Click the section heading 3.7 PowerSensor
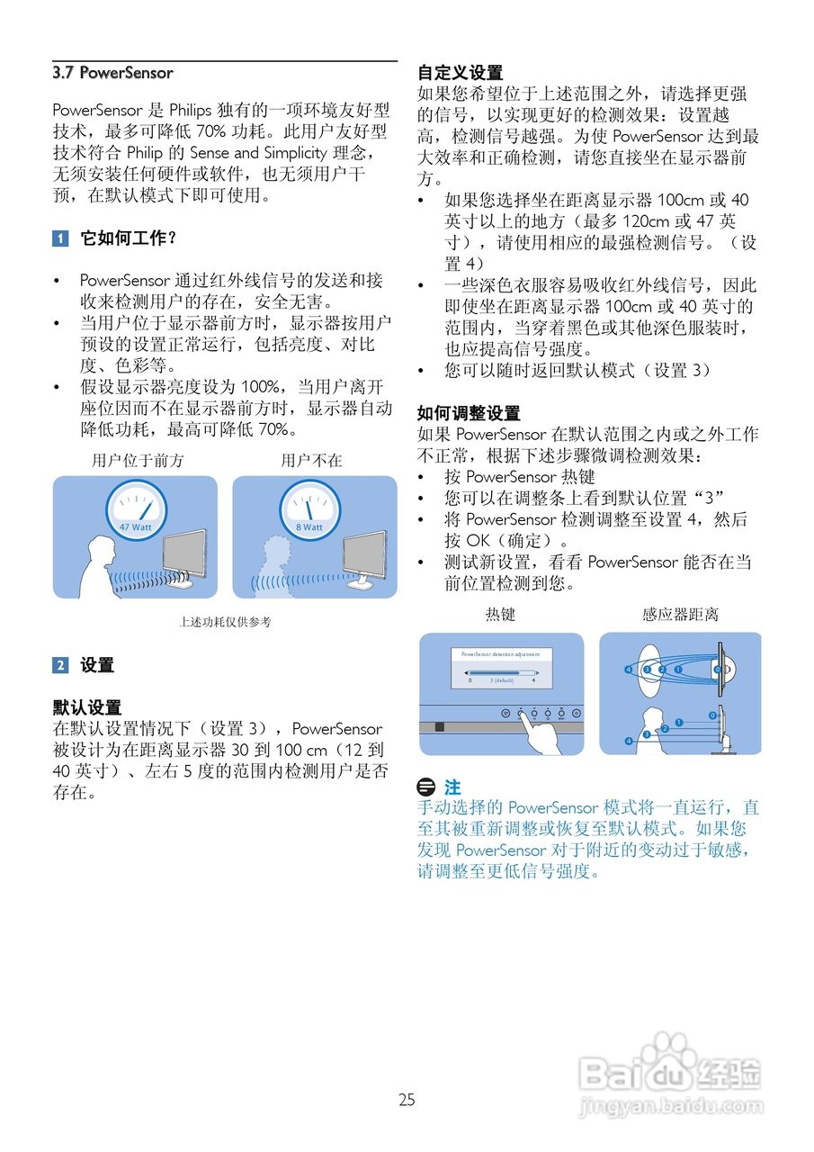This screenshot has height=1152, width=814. click(x=112, y=73)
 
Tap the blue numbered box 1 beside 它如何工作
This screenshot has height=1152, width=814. click(x=60, y=238)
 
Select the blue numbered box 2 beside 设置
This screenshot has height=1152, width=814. click(x=60, y=665)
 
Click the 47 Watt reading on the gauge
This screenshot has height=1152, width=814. click(x=136, y=527)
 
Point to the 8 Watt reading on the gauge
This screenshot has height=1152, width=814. click(x=309, y=527)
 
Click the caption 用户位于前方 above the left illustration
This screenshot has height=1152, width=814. click(x=138, y=460)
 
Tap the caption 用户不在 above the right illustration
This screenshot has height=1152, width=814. click(x=311, y=460)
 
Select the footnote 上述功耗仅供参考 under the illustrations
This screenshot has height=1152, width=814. click(x=225, y=622)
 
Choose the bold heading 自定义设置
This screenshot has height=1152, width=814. click(x=461, y=73)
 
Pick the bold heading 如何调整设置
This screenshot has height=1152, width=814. click(x=469, y=413)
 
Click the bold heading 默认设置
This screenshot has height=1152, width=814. click(x=87, y=707)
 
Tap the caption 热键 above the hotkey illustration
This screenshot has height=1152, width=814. click(x=501, y=615)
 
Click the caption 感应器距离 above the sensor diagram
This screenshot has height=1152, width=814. click(x=680, y=615)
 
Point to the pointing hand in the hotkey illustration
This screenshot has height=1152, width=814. click(x=541, y=733)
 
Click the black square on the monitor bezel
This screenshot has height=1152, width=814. click(x=440, y=726)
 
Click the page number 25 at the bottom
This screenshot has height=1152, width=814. click(x=407, y=1099)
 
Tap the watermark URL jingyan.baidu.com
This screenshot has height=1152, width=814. click(x=671, y=1105)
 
